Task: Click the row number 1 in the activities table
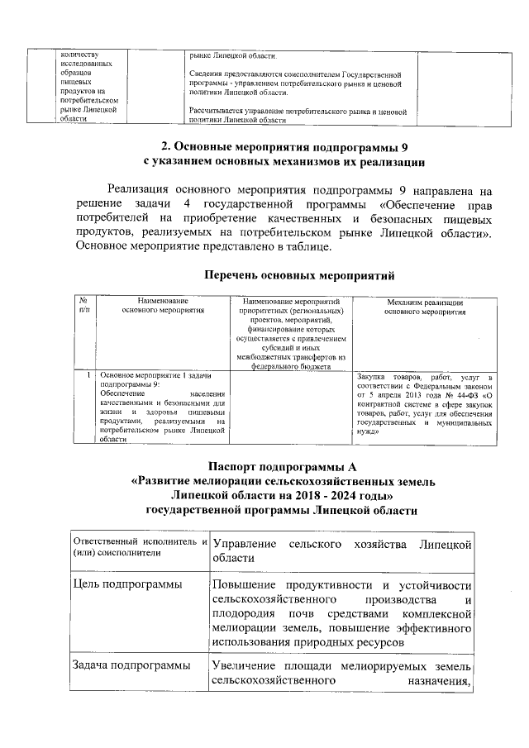point(88,375)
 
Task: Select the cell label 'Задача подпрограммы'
point(131,665)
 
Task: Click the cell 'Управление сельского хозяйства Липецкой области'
point(341,551)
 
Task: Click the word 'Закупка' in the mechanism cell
point(374,376)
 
